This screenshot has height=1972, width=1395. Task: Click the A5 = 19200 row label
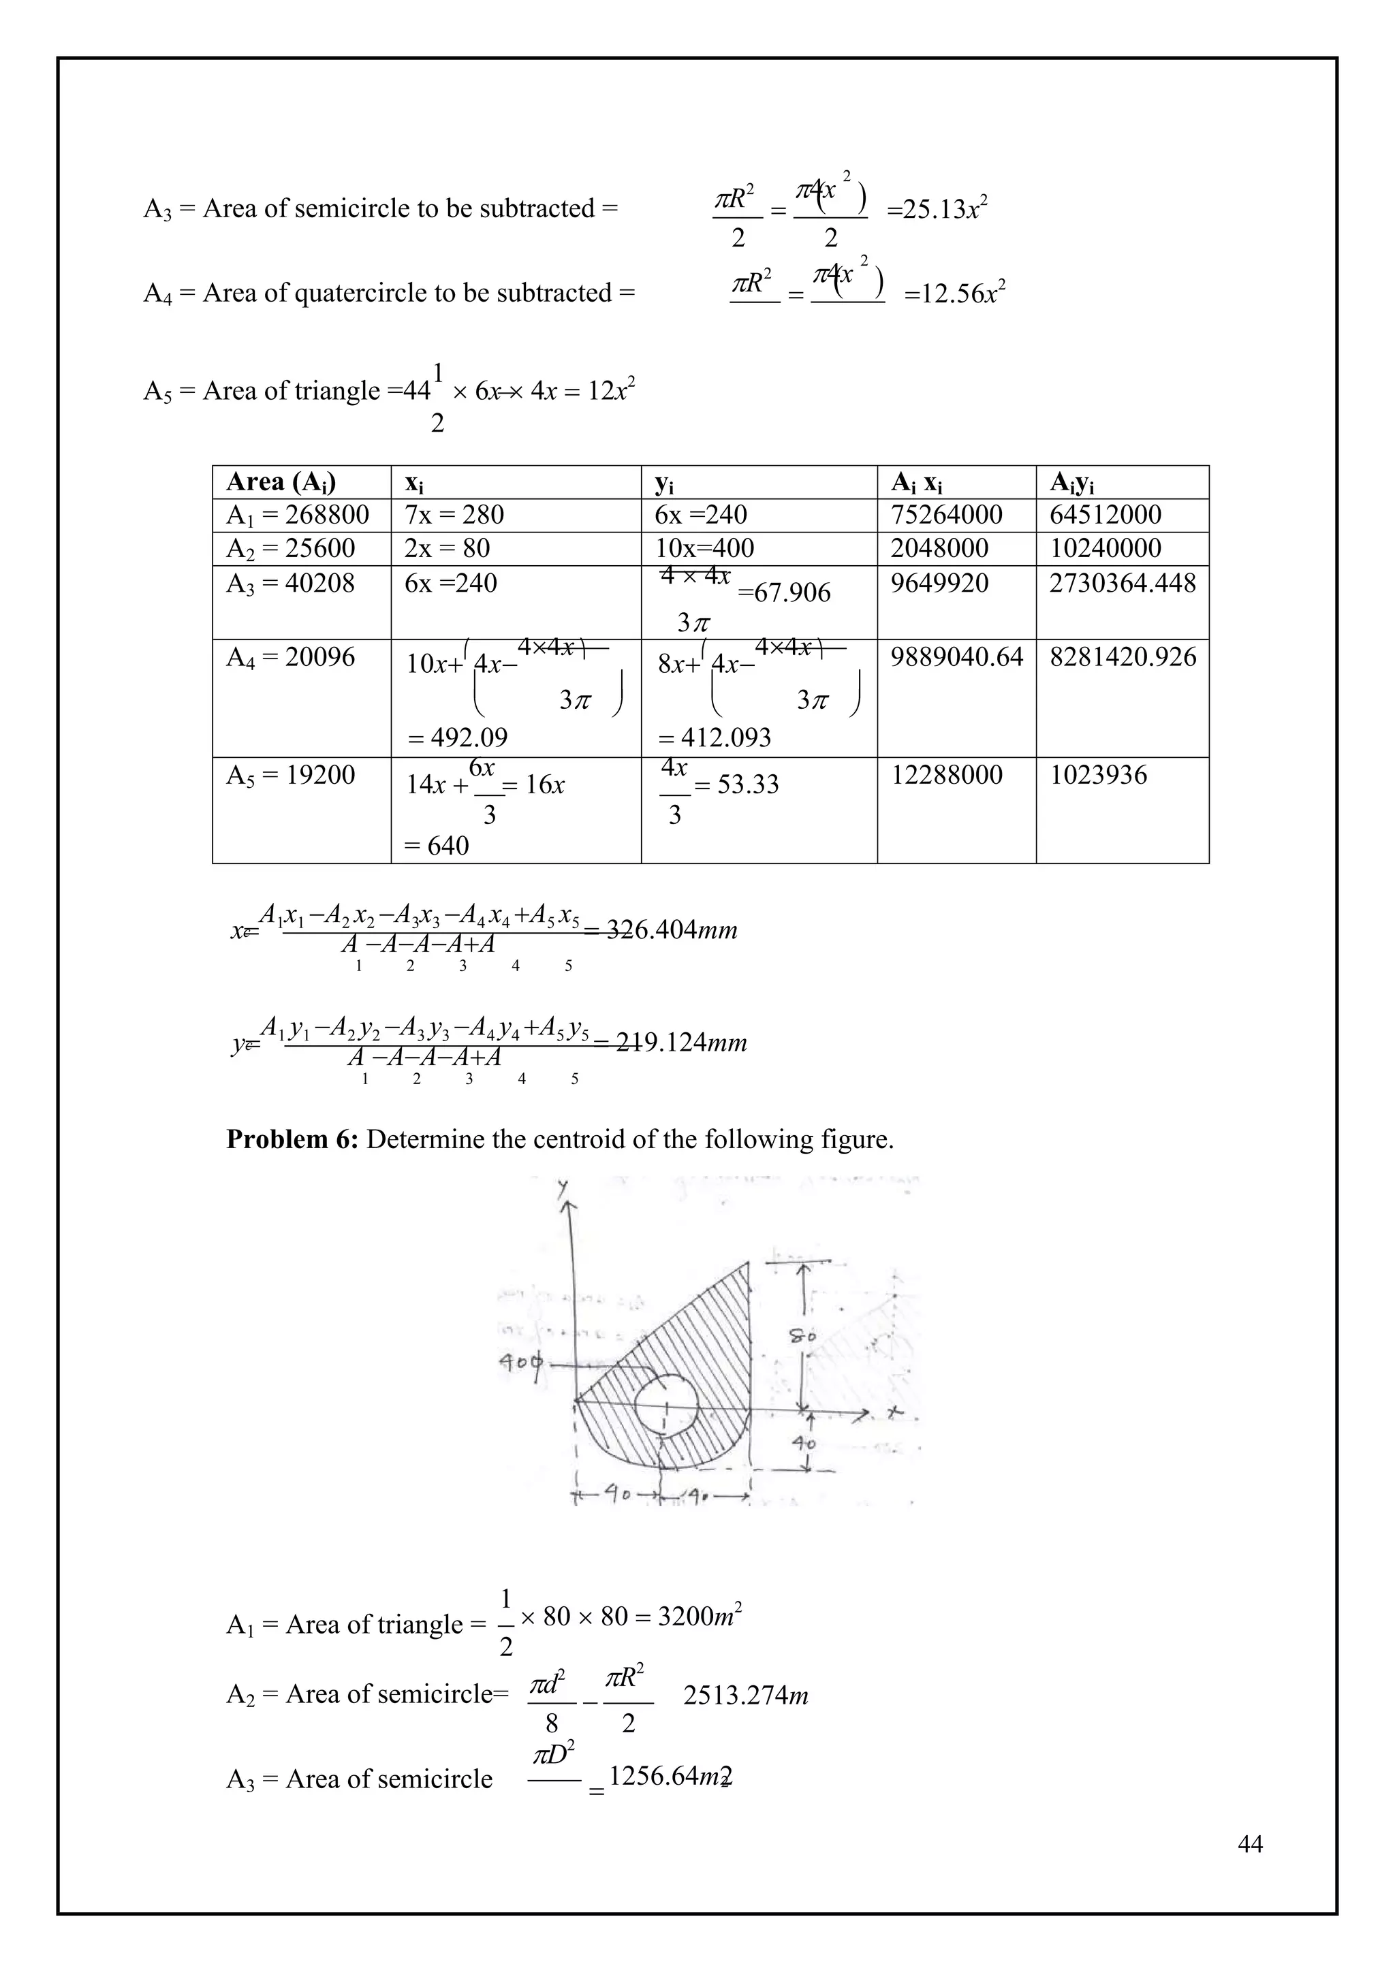tap(289, 776)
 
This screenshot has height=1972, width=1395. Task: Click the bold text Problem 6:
tap(292, 1140)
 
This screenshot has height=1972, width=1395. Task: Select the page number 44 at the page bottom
tap(1250, 1844)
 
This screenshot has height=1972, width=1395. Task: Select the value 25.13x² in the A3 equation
tap(937, 209)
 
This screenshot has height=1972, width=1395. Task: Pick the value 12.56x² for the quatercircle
tap(954, 295)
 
